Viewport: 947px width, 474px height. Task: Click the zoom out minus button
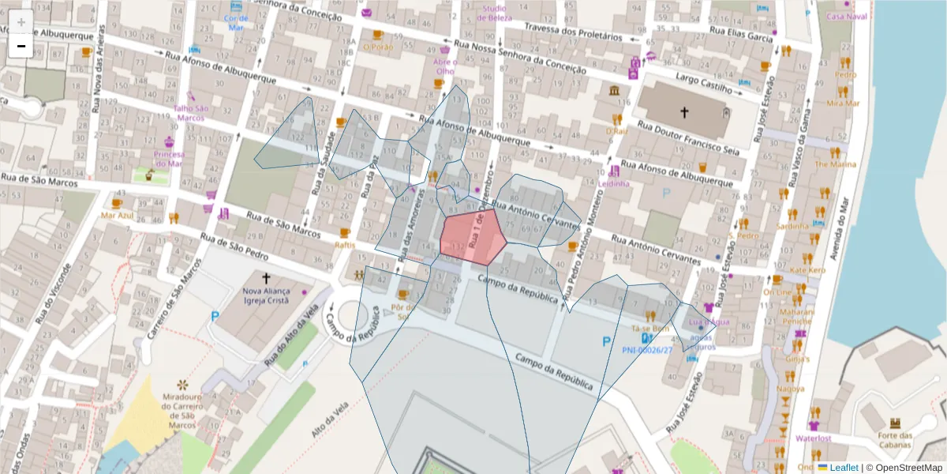pyautogui.click(x=21, y=47)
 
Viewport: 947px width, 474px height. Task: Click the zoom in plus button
pyautogui.click(x=21, y=22)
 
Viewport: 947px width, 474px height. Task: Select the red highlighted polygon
pyautogui.click(x=471, y=237)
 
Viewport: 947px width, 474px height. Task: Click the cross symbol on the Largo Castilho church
pyautogui.click(x=683, y=112)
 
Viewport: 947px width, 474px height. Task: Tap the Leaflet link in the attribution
pyautogui.click(x=843, y=468)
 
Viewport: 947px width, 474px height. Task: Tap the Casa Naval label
pyautogui.click(x=846, y=17)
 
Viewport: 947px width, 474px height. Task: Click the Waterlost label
pyautogui.click(x=814, y=438)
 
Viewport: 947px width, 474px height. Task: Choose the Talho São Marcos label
pyautogui.click(x=191, y=113)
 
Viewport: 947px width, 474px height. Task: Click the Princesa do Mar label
pyautogui.click(x=169, y=159)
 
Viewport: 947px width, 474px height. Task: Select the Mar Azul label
pyautogui.click(x=117, y=215)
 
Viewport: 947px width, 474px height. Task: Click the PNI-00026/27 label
pyautogui.click(x=647, y=350)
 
